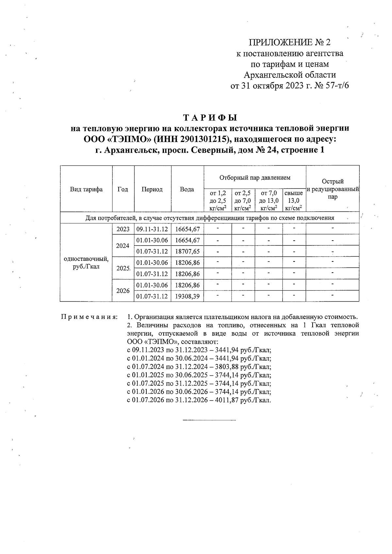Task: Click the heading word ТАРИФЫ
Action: point(210,117)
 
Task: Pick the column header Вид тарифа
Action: point(86,189)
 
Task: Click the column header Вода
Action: point(187,189)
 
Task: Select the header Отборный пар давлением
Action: point(255,178)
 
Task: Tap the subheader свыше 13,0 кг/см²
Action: point(294,200)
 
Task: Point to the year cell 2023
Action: point(123,229)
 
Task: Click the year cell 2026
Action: point(123,291)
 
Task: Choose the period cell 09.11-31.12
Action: point(152,229)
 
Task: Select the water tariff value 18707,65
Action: point(187,252)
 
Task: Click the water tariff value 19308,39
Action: point(187,296)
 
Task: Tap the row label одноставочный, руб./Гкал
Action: point(86,262)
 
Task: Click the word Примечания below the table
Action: point(89,317)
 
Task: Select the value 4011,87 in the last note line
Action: point(225,400)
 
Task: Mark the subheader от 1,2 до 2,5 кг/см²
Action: point(218,200)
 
